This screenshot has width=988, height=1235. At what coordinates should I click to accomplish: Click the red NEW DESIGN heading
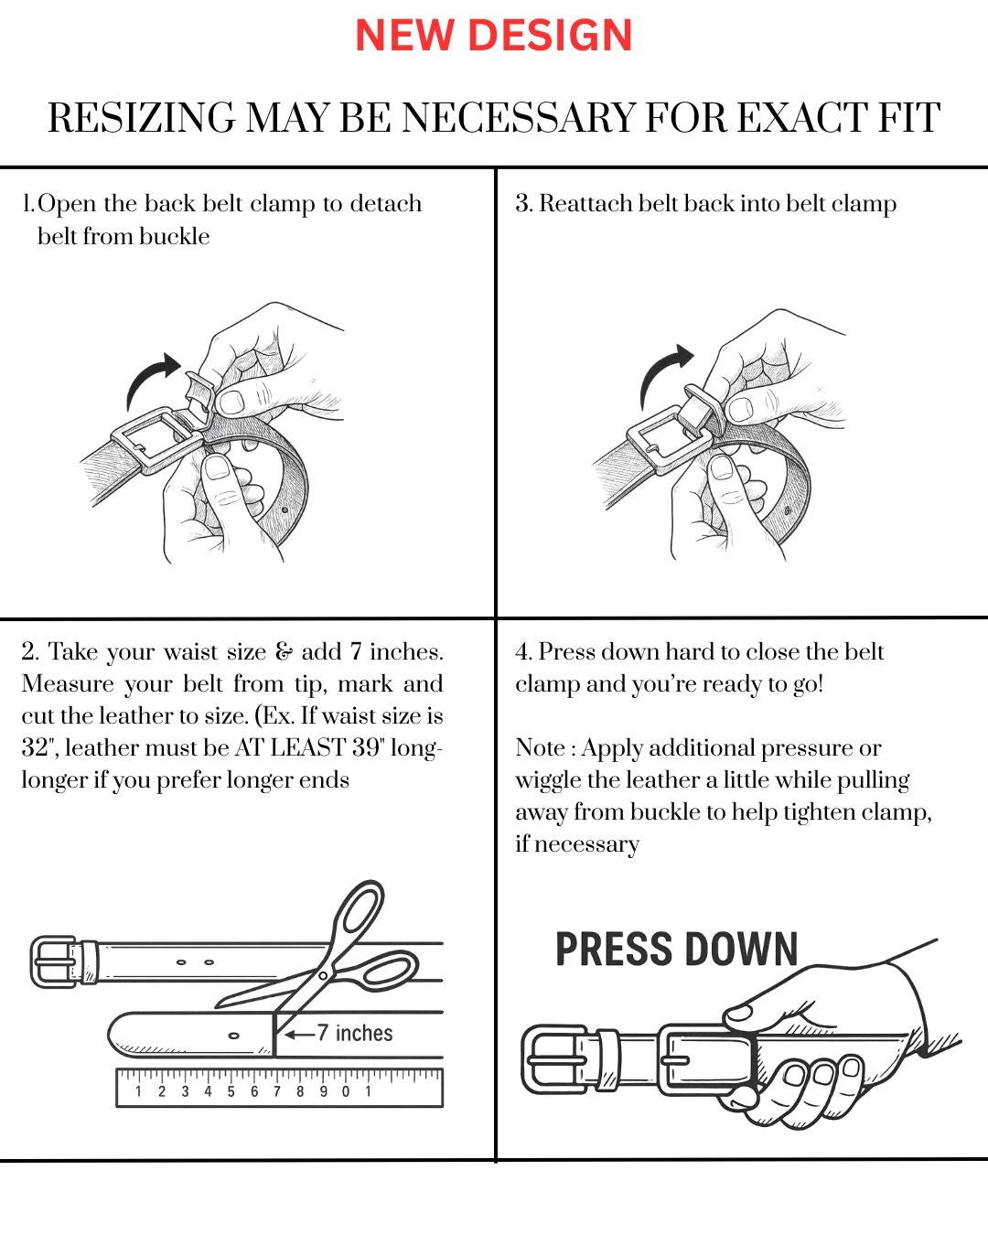pos(494,36)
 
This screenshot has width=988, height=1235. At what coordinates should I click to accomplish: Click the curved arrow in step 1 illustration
pos(151,377)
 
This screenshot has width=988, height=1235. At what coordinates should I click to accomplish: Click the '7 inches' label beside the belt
pos(354,1034)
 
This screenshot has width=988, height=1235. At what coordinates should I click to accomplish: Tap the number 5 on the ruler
pos(231,1091)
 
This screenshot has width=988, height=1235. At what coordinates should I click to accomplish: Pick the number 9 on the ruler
pos(323,1091)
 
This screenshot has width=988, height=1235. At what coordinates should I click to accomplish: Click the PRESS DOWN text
pos(677,950)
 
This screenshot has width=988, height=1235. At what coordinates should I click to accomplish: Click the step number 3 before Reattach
pos(522,203)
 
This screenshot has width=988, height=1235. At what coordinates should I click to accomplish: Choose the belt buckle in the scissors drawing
pos(55,961)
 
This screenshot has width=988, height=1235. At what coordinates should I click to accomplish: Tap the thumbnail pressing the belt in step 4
pos(738,1013)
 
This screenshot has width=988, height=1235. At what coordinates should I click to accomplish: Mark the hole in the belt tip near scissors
pos(234,1036)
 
